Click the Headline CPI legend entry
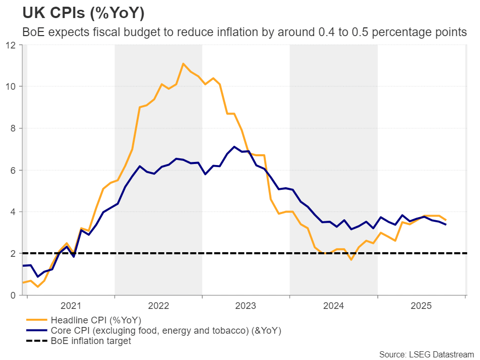pyautogui.click(x=96, y=320)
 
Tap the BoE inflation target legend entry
pyautogui.click(x=91, y=341)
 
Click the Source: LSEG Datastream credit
pyautogui.click(x=426, y=354)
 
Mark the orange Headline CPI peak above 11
pyautogui.click(x=183, y=63)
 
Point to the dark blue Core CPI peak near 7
pyautogui.click(x=234, y=146)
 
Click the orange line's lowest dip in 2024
pyautogui.click(x=351, y=259)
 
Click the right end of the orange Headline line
pyautogui.click(x=446, y=220)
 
